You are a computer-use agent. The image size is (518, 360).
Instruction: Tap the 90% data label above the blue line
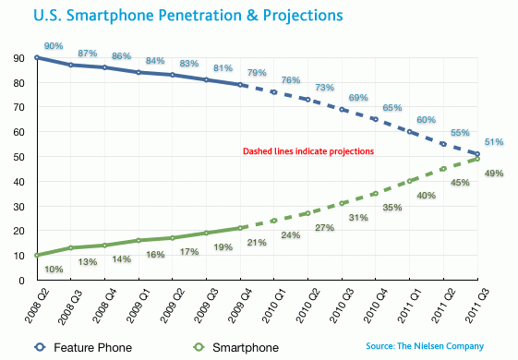coord(53,45)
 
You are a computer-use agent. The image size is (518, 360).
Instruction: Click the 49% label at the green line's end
coord(495,174)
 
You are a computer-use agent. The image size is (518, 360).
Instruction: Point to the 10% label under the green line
coord(54,270)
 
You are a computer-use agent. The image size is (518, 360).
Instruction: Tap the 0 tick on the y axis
coord(19,280)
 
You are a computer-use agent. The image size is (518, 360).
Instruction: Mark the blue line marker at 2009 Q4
coord(241,85)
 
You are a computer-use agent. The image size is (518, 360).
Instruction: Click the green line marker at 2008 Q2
coord(37,255)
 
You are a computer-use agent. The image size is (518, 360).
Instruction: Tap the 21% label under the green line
coord(258,243)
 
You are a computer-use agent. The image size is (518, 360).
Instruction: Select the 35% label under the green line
coord(393,208)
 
